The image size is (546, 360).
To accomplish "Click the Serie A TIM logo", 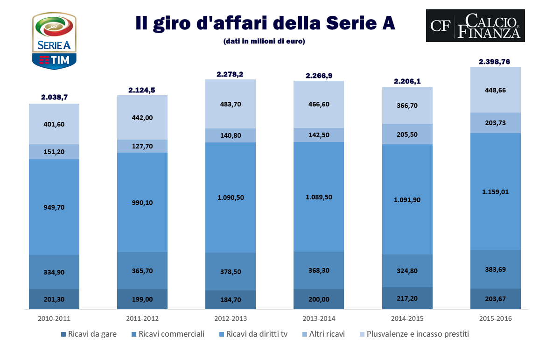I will coord(54,41).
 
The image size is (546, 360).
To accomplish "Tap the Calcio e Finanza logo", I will coord(475,26).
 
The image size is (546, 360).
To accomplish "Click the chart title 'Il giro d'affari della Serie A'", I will coord(265,23).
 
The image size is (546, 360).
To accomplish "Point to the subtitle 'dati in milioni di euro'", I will coord(265,42).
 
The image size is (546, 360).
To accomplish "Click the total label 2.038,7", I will coord(54,97).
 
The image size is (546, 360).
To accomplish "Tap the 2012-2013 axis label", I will coord(231,318).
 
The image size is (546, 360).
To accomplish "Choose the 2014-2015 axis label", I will coord(407,318).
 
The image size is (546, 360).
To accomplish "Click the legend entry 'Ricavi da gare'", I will coord(89,334).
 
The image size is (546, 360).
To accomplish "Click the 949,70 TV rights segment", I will coord(54,207).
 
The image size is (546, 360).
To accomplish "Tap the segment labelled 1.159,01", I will coord(496,191).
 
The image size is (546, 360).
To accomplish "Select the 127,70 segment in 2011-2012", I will coord(142,146).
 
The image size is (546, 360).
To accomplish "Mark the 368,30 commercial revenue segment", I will coord(319,270).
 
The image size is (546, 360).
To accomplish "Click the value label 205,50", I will coord(407,134).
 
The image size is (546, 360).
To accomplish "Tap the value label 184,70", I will coord(231,300).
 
